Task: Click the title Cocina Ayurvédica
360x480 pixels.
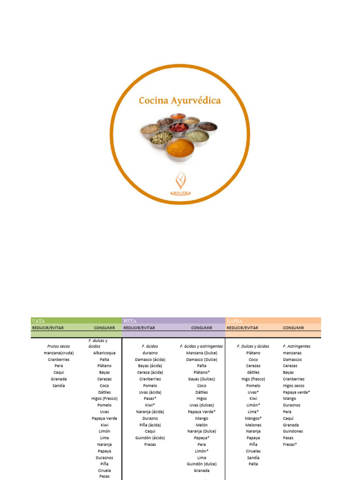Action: [x=180, y=101]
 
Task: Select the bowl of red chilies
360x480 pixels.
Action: [x=179, y=127]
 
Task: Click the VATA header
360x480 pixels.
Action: [x=38, y=321]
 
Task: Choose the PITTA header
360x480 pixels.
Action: [x=130, y=321]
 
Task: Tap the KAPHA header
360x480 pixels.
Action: [x=234, y=321]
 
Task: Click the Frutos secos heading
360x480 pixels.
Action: [x=59, y=346]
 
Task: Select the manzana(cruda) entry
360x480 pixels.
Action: [x=59, y=353]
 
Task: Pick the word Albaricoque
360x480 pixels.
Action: [x=104, y=353]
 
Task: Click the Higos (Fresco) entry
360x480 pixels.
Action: [x=104, y=398]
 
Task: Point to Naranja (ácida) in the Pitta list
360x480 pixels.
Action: [x=150, y=412]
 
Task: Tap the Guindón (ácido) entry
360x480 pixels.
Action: [x=150, y=438]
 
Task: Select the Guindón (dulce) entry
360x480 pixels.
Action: [x=202, y=464]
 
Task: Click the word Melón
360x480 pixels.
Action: [x=202, y=425]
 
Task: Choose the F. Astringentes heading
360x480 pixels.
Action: [x=297, y=346]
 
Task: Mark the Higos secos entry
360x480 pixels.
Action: [x=293, y=386]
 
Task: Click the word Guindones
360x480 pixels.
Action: [x=293, y=431]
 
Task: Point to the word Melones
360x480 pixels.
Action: [x=253, y=425]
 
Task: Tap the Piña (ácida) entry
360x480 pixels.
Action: [x=150, y=425]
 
